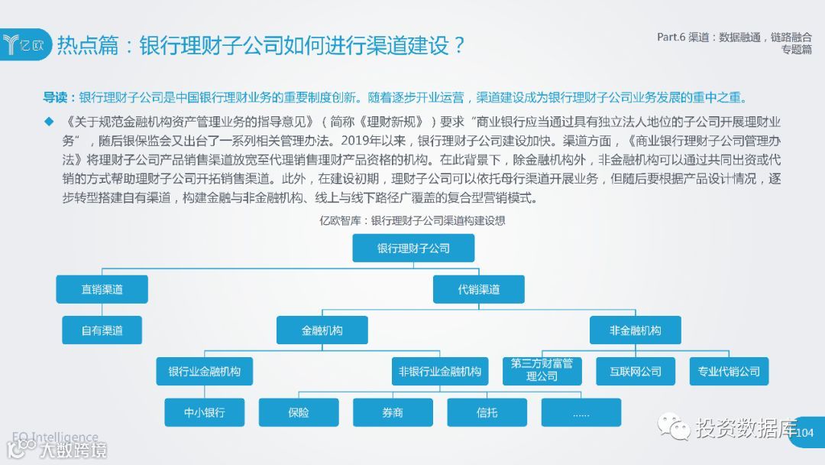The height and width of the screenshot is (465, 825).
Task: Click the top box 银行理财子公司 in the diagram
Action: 413,249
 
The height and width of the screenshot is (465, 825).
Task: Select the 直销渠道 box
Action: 102,289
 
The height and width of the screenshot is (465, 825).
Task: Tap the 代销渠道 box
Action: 479,289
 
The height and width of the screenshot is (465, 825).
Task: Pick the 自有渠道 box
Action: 102,330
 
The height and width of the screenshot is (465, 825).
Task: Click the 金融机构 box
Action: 322,330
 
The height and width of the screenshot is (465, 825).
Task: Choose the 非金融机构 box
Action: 635,330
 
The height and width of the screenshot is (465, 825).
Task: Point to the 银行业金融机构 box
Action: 204,372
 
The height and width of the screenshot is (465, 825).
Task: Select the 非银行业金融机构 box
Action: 440,372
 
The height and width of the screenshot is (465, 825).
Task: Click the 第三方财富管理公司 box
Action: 542,370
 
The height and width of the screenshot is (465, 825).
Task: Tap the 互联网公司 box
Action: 636,372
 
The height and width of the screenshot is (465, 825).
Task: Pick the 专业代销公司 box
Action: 729,372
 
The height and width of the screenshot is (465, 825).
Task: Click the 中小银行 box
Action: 204,412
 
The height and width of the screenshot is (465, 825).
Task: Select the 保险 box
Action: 299,412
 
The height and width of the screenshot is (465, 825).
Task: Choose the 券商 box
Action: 393,412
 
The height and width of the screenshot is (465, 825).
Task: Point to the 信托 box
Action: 487,412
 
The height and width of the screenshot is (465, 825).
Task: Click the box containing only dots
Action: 581,412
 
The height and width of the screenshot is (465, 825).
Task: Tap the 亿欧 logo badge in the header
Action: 26,44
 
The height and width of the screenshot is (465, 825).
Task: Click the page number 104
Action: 804,433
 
